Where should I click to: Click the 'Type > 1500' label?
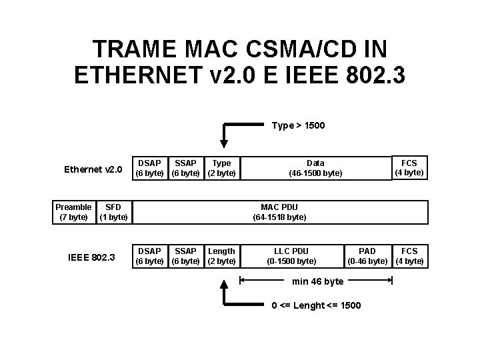coord(298,125)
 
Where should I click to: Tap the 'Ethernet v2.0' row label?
coord(93,169)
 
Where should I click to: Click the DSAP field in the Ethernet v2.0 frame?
coord(149,168)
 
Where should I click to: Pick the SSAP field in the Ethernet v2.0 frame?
coord(185,168)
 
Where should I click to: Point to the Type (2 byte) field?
coord(221,168)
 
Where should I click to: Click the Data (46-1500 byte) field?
coord(315,168)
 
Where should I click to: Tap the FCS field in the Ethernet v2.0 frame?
coord(409,168)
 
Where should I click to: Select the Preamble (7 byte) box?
coord(73,212)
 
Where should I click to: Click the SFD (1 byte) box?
coord(113,212)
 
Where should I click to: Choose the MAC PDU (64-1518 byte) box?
coord(279,212)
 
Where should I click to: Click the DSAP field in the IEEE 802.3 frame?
coord(149,256)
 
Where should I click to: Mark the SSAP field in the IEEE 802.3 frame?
coord(185,256)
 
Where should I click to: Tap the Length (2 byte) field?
coord(221,256)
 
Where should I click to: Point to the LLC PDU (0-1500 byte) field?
coord(291,256)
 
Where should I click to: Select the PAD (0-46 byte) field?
coord(367,256)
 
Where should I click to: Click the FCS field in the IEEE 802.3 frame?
coord(409,256)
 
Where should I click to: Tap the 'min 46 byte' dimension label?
coord(318,281)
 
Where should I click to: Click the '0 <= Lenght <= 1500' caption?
coord(316,305)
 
